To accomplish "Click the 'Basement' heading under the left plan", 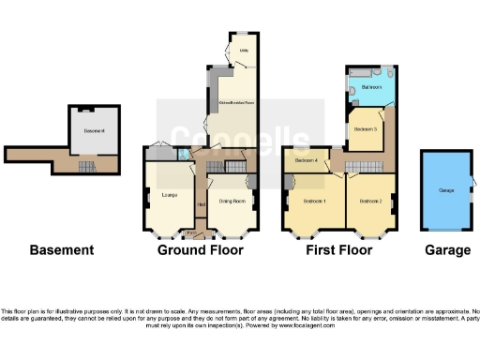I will pyautogui.click(x=62, y=250).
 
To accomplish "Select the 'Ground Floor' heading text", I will pyautogui.click(x=201, y=250).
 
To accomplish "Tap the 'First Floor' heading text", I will pyautogui.click(x=338, y=250).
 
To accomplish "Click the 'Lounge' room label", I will pyautogui.click(x=170, y=195).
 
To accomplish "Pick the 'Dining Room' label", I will pyautogui.click(x=232, y=201).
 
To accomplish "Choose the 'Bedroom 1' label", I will pyautogui.click(x=315, y=201).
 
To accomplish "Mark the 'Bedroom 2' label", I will pyautogui.click(x=370, y=201).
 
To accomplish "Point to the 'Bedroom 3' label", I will pyautogui.click(x=366, y=127).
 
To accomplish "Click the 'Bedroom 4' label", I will pyautogui.click(x=307, y=160).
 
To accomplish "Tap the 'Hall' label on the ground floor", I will pyautogui.click(x=201, y=204).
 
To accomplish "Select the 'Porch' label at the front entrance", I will pyautogui.click(x=192, y=232).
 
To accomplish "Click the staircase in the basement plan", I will pyautogui.click(x=85, y=166).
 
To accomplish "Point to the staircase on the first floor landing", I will pyautogui.click(x=358, y=166).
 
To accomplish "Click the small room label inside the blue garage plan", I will pyautogui.click(x=445, y=190).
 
